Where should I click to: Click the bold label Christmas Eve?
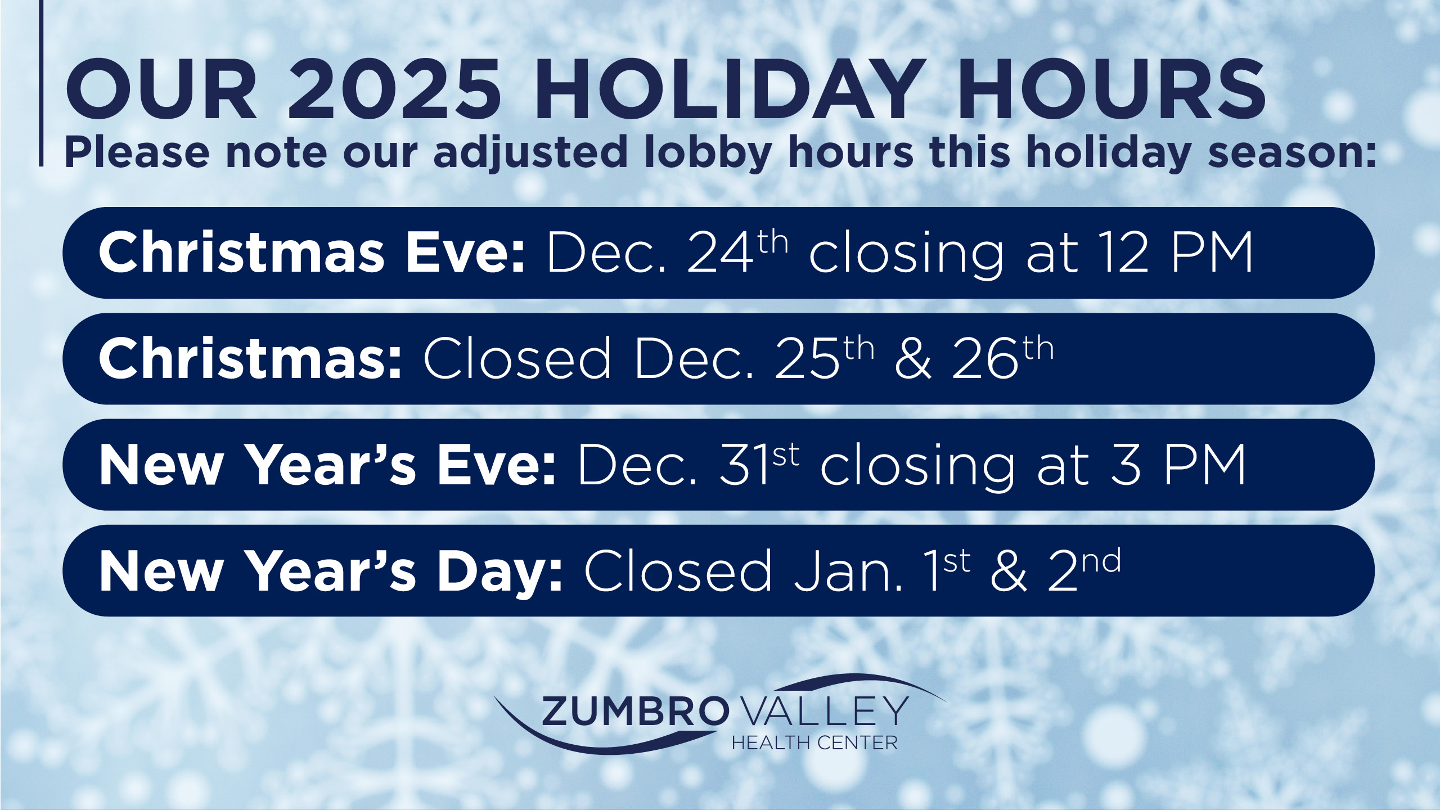coord(312,253)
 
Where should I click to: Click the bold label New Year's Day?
coord(331,571)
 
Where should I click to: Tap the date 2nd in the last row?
coord(1083,570)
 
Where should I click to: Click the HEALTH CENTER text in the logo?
coord(814,743)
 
